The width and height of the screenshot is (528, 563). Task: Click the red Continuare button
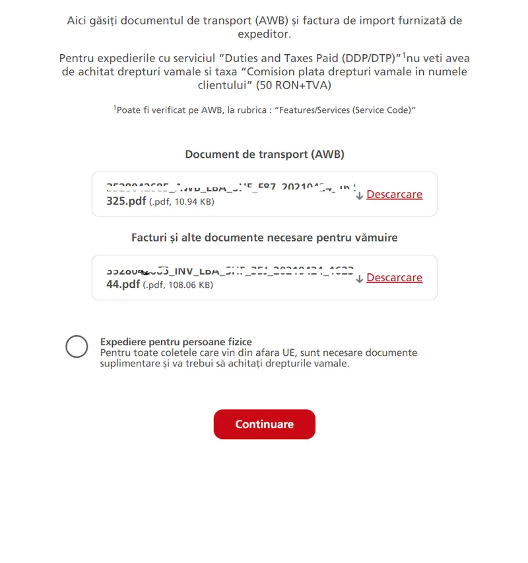click(x=264, y=424)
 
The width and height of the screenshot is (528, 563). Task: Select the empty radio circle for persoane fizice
click(x=77, y=347)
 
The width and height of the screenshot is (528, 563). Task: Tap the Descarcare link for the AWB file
click(x=394, y=195)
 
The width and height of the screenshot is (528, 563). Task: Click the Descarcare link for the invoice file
click(x=394, y=278)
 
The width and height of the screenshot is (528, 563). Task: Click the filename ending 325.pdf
click(x=126, y=201)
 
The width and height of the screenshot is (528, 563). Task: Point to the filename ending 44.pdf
click(x=123, y=284)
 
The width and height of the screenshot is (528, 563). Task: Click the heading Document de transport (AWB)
click(x=264, y=154)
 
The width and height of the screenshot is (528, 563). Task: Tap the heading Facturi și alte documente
click(x=264, y=237)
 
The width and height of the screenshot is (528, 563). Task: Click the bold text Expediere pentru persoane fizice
click(x=176, y=342)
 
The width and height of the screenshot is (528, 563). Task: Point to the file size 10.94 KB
click(x=191, y=202)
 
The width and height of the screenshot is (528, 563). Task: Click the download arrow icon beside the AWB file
click(x=359, y=195)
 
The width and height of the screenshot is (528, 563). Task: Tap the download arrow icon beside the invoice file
click(x=359, y=279)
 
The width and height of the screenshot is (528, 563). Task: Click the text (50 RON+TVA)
click(x=294, y=86)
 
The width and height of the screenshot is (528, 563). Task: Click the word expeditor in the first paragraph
click(x=264, y=34)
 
